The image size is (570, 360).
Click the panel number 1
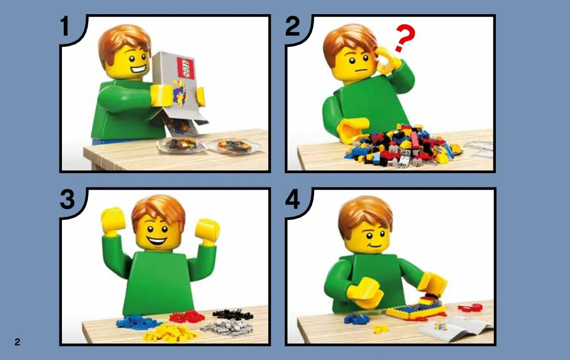click(x=65, y=26)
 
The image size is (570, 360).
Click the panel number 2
click(x=293, y=26)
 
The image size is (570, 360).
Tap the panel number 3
click(x=67, y=200)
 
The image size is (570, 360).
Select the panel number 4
click(x=293, y=200)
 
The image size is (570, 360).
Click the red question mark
click(x=405, y=38)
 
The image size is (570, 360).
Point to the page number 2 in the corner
click(x=17, y=341)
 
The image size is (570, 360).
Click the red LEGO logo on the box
click(x=186, y=68)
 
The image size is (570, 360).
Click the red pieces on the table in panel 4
click(x=470, y=308)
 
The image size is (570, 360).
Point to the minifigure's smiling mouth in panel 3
click(x=157, y=240)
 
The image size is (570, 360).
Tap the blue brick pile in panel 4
click(x=356, y=319)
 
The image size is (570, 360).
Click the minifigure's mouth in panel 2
click(x=360, y=71)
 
